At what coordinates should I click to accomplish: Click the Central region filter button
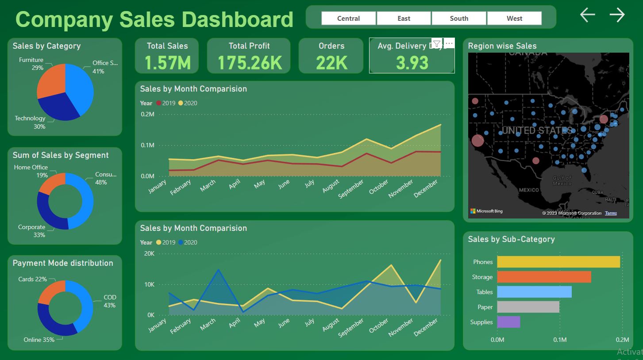point(348,18)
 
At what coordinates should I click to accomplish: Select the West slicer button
point(514,18)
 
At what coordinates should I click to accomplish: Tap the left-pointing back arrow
point(587,15)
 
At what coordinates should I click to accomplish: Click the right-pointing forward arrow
point(617,15)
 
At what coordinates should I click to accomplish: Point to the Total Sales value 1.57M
point(167,63)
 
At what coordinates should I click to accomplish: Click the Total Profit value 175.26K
point(250,63)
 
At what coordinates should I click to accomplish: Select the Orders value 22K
point(331,63)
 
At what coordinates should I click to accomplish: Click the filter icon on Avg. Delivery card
point(436,43)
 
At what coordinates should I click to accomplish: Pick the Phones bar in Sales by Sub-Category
point(558,262)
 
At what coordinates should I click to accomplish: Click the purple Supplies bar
point(508,322)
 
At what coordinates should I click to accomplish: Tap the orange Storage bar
point(544,277)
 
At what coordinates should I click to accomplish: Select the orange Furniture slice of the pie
point(50,82)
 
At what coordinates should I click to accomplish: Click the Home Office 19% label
point(31,171)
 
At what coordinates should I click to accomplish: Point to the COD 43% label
point(109,301)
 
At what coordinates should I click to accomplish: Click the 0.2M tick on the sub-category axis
point(622,340)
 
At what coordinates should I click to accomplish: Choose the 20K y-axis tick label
point(149,253)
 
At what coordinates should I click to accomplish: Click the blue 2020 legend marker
point(180,242)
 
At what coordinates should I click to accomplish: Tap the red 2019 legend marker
point(159,103)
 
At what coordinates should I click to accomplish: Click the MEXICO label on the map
point(529,190)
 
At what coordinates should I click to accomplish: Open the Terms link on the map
point(611,213)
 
